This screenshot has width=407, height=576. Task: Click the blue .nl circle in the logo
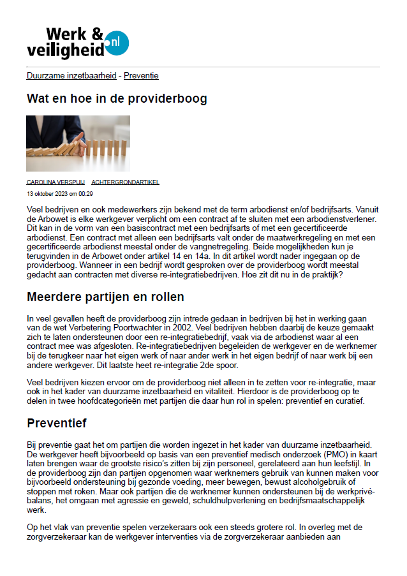tap(117, 42)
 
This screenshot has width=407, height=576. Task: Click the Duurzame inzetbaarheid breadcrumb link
tap(71, 75)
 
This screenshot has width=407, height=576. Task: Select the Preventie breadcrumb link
tap(141, 75)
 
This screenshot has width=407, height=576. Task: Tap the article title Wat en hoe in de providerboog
tap(117, 99)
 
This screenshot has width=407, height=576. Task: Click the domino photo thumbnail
tap(78, 144)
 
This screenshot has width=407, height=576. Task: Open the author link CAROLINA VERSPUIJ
tap(56, 182)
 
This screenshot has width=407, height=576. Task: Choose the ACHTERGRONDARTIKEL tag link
tap(125, 182)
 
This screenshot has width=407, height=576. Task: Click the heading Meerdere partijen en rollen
tap(105, 297)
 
